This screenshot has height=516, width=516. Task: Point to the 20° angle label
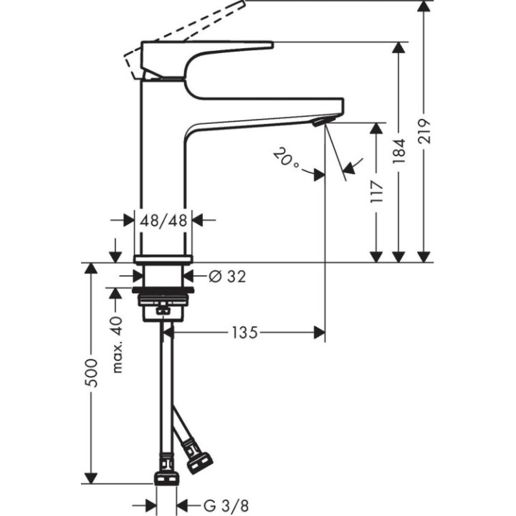click(286, 159)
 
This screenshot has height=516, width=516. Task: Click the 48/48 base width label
click(164, 221)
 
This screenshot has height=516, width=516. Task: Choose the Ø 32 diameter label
click(226, 276)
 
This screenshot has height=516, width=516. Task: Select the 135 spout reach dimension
click(244, 332)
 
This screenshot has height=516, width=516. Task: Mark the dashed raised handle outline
click(186, 32)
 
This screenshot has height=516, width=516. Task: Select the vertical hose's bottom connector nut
click(166, 478)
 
